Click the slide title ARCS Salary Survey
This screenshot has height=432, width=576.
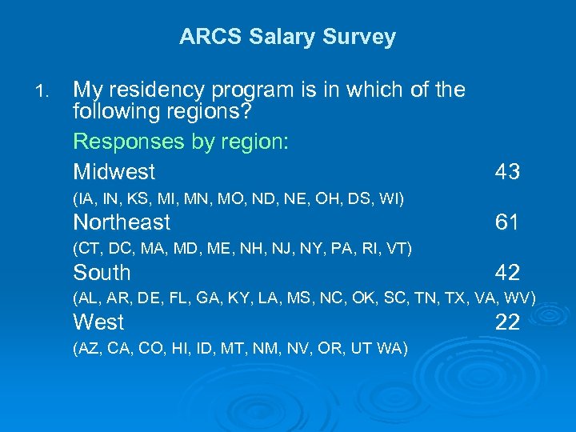coord(287,37)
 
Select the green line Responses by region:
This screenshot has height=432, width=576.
coord(181,142)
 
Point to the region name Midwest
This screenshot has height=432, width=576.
coord(114,171)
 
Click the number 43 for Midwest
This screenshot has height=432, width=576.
coord(507,171)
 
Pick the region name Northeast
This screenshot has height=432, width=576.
coord(122,222)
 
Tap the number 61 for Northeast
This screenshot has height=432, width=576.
coord(507,222)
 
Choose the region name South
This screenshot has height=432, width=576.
coord(102,272)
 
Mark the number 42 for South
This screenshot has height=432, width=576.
coord(507,273)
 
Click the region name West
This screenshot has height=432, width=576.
coord(98,322)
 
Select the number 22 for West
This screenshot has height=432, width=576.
coord(507,322)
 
